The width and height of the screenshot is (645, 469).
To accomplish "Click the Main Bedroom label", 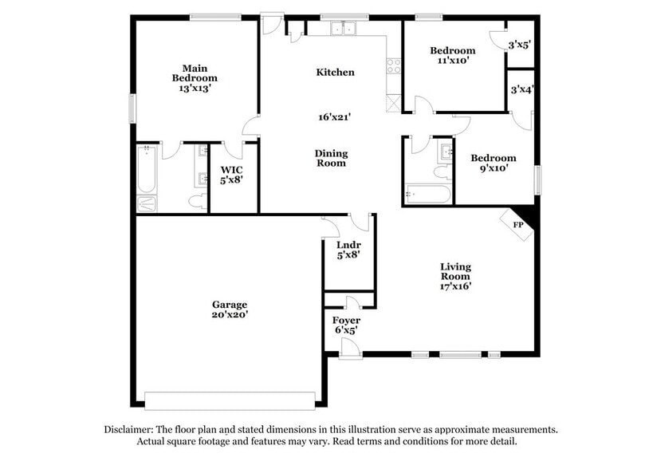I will coord(195,73).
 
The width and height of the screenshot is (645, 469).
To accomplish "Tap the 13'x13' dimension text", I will coord(195,89).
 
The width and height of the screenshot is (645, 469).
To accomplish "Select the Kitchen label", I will coord(335,73).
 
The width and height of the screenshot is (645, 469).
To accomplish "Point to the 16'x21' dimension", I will coord(335,116).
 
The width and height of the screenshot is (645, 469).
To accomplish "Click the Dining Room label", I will coord(330,158).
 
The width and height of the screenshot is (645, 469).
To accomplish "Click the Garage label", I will coord(230,304).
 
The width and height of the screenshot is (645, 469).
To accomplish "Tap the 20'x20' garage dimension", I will coord(230,314).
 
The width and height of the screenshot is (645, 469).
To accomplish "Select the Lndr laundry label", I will coord(348,245).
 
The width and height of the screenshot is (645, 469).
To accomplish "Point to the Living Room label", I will coord(456,271).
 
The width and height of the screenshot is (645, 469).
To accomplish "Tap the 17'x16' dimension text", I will coord(456,286).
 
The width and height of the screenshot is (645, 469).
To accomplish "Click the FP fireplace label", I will coord(518,225).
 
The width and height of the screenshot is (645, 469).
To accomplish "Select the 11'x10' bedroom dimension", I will coord(453,61).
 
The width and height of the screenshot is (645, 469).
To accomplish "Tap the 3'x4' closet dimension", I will coord(521,90).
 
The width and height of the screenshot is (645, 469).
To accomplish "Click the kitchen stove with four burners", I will coord(392,67).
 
